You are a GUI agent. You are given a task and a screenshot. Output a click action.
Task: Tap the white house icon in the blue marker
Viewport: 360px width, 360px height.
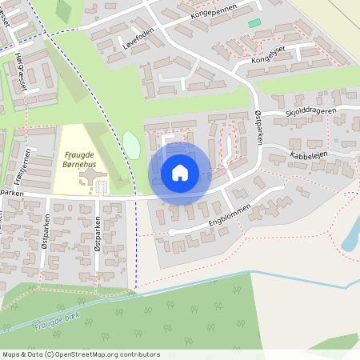[180, 172]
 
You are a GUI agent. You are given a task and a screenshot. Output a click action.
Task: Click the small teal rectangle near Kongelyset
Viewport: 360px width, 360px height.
[254, 23]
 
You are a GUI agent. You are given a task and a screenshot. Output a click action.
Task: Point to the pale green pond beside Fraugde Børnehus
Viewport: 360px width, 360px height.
[131, 144]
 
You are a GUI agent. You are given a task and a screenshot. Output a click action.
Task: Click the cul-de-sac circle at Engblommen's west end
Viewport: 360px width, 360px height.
[170, 233]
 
